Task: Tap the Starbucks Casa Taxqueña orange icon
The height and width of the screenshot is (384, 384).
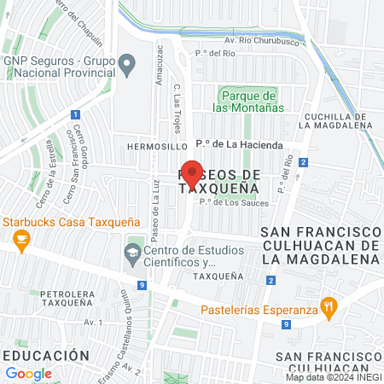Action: click(22, 239)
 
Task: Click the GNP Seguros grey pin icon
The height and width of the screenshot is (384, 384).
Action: click(127, 63)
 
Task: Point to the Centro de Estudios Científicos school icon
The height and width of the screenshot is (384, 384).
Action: click(132, 253)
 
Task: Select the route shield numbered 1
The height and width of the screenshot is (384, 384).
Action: click(76, 114)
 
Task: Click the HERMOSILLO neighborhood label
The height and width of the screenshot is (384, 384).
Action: click(150, 146)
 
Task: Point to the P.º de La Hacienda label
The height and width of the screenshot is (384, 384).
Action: click(239, 145)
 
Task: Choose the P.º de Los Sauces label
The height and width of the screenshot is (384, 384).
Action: click(234, 202)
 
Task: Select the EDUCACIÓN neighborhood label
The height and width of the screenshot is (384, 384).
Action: click(45, 354)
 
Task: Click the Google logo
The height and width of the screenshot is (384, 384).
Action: click(28, 373)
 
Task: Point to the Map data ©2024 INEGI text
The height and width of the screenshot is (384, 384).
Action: click(333, 376)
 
